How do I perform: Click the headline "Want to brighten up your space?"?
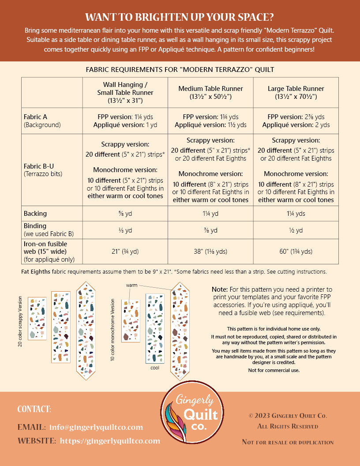pyautogui.click(x=180, y=17)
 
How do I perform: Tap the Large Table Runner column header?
pyautogui.click(x=296, y=92)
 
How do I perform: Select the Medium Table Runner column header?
pyautogui.click(x=210, y=92)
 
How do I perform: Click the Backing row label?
pyautogui.click(x=35, y=214)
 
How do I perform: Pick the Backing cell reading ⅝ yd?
pyautogui.click(x=125, y=214)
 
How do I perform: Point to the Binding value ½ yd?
pyautogui.click(x=296, y=230)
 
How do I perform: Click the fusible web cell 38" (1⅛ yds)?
pyautogui.click(x=210, y=252)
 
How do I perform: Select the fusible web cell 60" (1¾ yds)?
pyautogui.click(x=296, y=252)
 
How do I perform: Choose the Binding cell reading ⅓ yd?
pyautogui.click(x=125, y=230)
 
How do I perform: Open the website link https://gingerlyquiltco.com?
pyautogui.click(x=110, y=441)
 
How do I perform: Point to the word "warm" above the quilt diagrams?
pyautogui.click(x=132, y=285)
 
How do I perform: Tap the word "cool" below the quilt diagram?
pyautogui.click(x=155, y=367)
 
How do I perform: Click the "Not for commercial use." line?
pyautogui.click(x=274, y=370)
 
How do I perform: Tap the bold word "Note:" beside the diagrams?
pyautogui.click(x=220, y=289)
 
